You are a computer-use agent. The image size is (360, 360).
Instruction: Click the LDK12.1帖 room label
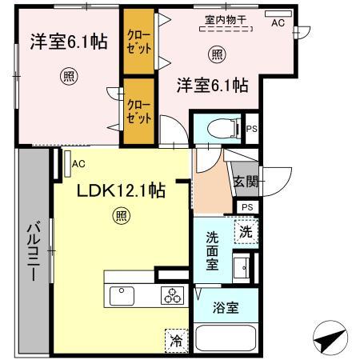coord(121,191)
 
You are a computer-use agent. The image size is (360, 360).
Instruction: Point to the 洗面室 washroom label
coord(213,251)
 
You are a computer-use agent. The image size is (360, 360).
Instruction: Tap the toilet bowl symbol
coord(218,128)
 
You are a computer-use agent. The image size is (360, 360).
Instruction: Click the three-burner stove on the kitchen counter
coord(172,293)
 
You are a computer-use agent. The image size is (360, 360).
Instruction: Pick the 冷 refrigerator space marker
coord(175,339)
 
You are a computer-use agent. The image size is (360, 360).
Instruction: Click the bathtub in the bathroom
coord(226,338)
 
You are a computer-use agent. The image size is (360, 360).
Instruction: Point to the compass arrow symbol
coord(330,339)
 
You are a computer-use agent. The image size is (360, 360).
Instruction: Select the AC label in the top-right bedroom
coord(278,23)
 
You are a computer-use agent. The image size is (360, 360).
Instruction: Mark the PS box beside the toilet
coord(250,129)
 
